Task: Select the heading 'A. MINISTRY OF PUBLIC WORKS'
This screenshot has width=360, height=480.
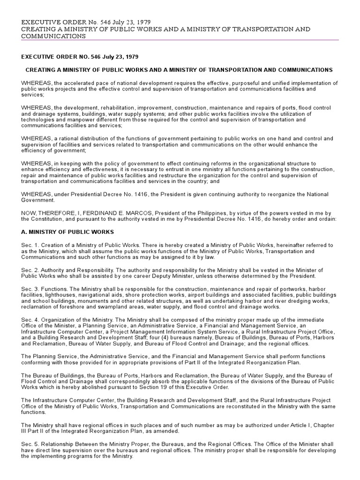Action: pos(67,232)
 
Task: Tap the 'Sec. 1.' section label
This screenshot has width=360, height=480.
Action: pos(30,245)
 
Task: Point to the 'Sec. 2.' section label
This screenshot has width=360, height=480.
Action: pos(30,270)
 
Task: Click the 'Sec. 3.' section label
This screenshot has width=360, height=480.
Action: pos(30,290)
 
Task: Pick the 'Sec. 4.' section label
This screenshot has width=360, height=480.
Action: pos(30,320)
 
